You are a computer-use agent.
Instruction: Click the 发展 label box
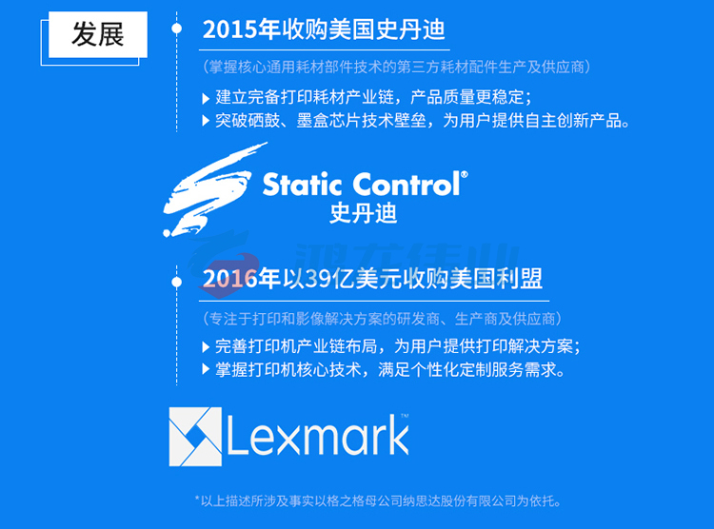coord(98,34)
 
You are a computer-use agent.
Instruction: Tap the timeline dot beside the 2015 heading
coord(177,29)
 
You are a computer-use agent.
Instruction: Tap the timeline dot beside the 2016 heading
coord(177,283)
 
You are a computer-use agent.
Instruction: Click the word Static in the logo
coord(303,185)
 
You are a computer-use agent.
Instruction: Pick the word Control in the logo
coord(407,185)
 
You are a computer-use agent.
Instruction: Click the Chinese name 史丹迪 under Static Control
coord(364,213)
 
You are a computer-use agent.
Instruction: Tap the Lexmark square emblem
coord(195,437)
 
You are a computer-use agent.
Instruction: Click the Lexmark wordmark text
coord(318,435)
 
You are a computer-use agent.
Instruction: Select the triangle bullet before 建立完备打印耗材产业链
coord(206,98)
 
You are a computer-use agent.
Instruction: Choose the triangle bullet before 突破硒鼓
coord(206,121)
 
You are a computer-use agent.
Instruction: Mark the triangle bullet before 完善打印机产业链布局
coord(206,347)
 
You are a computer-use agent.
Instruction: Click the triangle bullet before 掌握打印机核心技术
coord(206,369)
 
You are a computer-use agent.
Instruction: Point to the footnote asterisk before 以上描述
coord(197,499)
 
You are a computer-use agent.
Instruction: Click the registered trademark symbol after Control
coord(464,174)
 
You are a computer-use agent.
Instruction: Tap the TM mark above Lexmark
coord(405,415)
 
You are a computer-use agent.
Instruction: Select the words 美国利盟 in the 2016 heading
coord(495,279)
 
